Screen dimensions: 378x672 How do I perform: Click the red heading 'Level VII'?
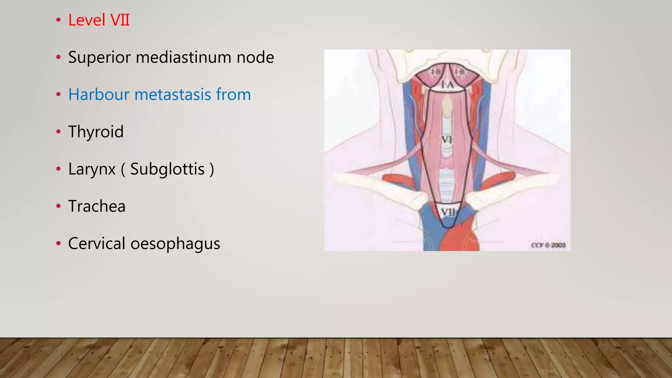tap(99, 20)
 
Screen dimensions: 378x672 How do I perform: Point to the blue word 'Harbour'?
tap(99, 94)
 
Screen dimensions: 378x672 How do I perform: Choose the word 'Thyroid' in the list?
tap(96, 132)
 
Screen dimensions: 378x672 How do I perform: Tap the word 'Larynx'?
tap(92, 169)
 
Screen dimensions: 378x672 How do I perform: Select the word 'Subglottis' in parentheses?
tap(167, 169)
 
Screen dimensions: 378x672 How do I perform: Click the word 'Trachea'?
tap(97, 206)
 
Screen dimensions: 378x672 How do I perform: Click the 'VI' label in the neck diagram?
tap(447, 140)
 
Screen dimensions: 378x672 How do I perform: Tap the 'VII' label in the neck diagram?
tap(448, 212)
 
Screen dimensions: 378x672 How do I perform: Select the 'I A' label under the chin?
tap(447, 85)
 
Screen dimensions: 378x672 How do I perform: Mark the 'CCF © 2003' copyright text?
tap(548, 245)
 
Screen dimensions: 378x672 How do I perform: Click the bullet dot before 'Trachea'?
tap(58, 206)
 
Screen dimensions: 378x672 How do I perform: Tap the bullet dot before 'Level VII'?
tap(58, 20)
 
